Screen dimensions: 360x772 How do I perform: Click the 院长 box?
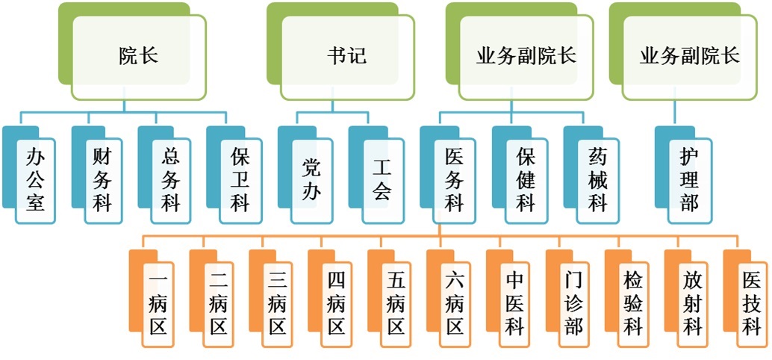click(x=139, y=57)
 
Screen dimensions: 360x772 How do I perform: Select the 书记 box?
click(x=347, y=57)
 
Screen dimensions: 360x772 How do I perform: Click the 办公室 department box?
click(x=36, y=180)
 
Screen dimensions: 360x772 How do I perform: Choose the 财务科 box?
click(x=102, y=180)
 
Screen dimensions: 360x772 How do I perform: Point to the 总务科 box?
click(x=170, y=180)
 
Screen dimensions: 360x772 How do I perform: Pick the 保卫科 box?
click(x=239, y=180)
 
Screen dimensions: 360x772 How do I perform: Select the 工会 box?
click(x=382, y=180)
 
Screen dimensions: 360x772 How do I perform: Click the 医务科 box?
click(x=453, y=180)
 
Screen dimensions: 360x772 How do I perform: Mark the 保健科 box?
click(x=526, y=180)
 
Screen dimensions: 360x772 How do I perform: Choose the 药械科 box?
click(x=597, y=180)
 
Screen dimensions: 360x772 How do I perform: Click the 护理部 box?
click(x=689, y=180)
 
